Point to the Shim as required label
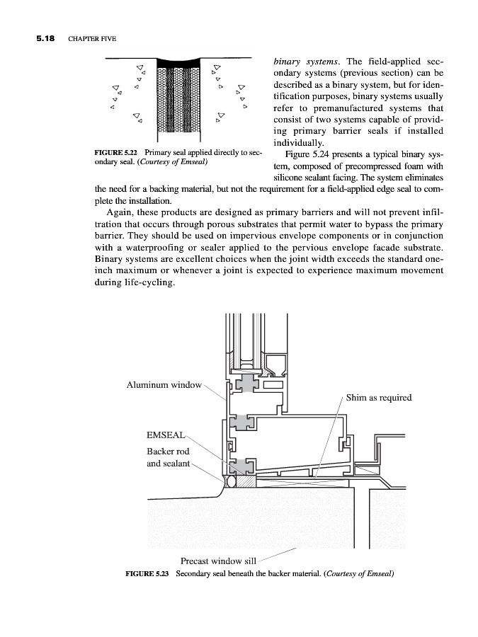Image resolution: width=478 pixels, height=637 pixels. point(379,398)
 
